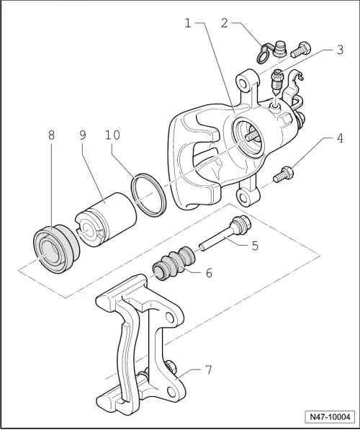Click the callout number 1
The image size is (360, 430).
pyautogui.click(x=188, y=24)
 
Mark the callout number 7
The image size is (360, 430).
pyautogui.click(x=209, y=369)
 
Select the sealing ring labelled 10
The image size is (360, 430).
pyautogui.click(x=150, y=193)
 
